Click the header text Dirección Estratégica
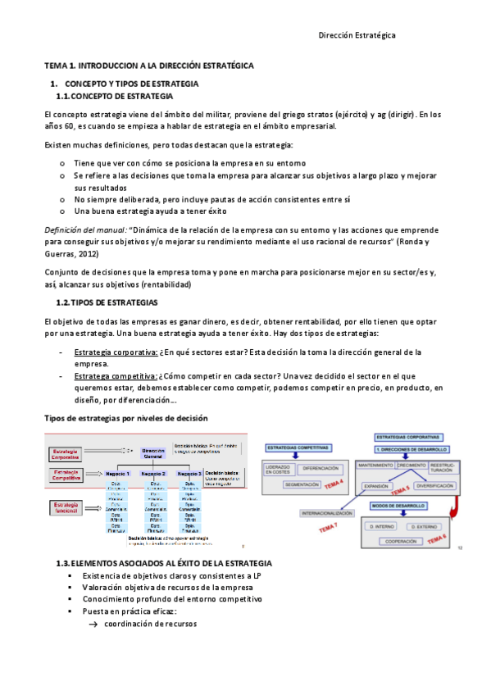[357, 36]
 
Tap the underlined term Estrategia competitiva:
[111, 376]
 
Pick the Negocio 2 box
[153, 474]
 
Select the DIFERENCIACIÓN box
[320, 468]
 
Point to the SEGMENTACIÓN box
[302, 484]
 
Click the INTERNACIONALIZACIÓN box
[315, 513]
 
